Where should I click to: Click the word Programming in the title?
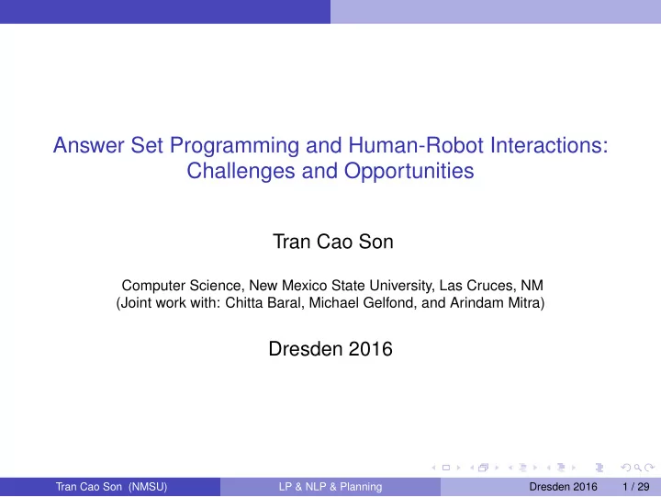pyautogui.click(x=234, y=146)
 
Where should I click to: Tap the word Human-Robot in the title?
pyautogui.click(x=416, y=145)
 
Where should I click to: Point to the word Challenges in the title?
pyautogui.click(x=241, y=171)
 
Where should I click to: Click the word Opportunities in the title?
pyautogui.click(x=409, y=171)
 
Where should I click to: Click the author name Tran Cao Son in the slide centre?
pyautogui.click(x=333, y=242)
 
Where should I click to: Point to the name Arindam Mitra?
pyautogui.click(x=495, y=303)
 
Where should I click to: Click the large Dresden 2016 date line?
pyautogui.click(x=330, y=349)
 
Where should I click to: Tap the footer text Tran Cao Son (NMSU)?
pyautogui.click(x=112, y=487)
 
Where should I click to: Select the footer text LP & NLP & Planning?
pyautogui.click(x=330, y=487)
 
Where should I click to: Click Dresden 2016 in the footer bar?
pyautogui.click(x=563, y=487)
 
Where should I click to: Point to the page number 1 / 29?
pyautogui.click(x=635, y=487)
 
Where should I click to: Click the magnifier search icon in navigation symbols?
pyautogui.click(x=638, y=468)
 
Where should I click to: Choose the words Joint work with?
pyautogui.click(x=168, y=303)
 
